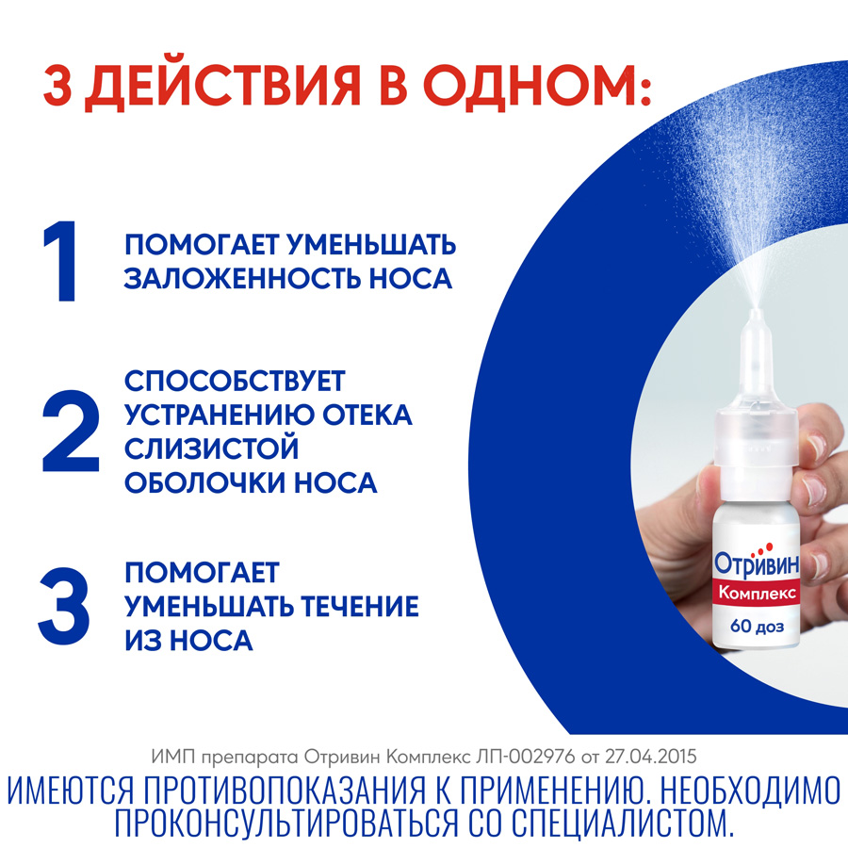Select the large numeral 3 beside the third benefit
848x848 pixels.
click(x=65, y=603)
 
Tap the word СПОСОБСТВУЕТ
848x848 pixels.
click(x=236, y=382)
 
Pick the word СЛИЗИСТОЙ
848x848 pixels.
click(x=211, y=449)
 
